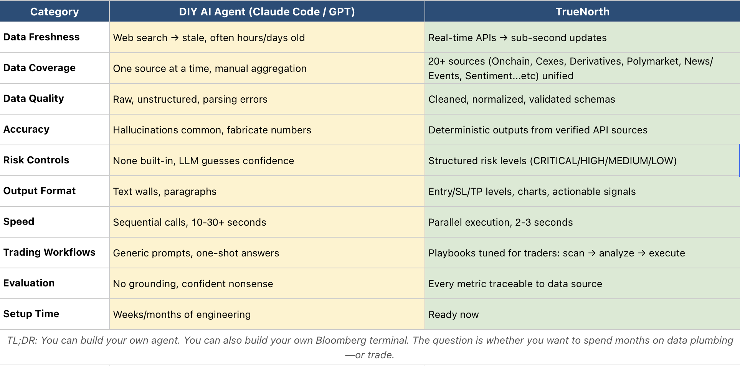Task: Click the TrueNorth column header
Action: coord(582,12)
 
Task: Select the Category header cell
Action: coord(55,12)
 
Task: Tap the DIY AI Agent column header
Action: coord(267,12)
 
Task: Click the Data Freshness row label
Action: coord(41,37)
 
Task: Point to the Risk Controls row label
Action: coord(36,160)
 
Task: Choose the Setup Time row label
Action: coord(31,314)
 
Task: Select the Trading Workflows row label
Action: coord(50,252)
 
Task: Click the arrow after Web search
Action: coord(175,38)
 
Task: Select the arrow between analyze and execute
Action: coord(641,253)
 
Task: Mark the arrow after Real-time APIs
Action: coord(504,38)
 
